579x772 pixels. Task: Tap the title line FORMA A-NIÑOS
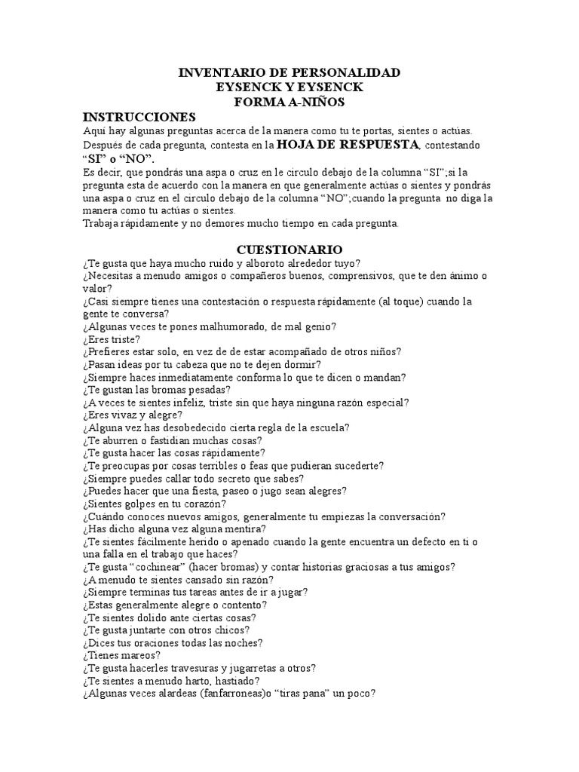pos(289,102)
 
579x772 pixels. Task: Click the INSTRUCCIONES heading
pos(139,117)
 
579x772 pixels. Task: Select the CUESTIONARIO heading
pos(289,249)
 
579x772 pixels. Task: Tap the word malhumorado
pos(219,326)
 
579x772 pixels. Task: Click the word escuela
pos(329,427)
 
